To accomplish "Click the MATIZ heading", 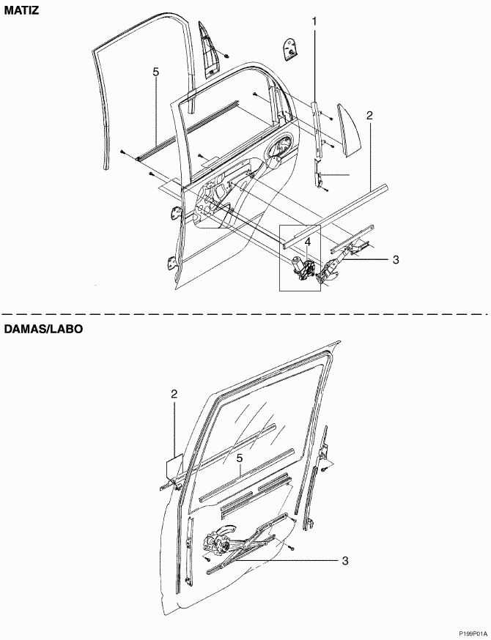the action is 22,10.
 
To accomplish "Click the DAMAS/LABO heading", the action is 43,329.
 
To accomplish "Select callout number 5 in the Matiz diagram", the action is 155,72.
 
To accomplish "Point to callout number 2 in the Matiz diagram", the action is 369,116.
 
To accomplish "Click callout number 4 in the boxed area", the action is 307,242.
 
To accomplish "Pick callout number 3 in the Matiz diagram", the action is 396,259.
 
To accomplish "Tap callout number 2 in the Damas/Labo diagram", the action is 174,394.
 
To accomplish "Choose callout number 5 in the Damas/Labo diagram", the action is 239,458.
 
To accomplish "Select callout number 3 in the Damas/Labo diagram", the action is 345,561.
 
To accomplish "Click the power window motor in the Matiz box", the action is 301,269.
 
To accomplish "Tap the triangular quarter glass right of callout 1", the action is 348,130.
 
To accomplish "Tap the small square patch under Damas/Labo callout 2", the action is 174,469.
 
